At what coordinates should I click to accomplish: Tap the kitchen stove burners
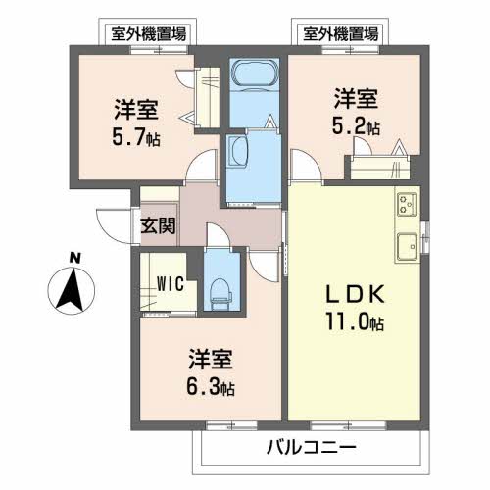pos(406,206)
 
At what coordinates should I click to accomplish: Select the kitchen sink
pos(406,243)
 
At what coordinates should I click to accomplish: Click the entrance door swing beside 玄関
pos(116,220)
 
